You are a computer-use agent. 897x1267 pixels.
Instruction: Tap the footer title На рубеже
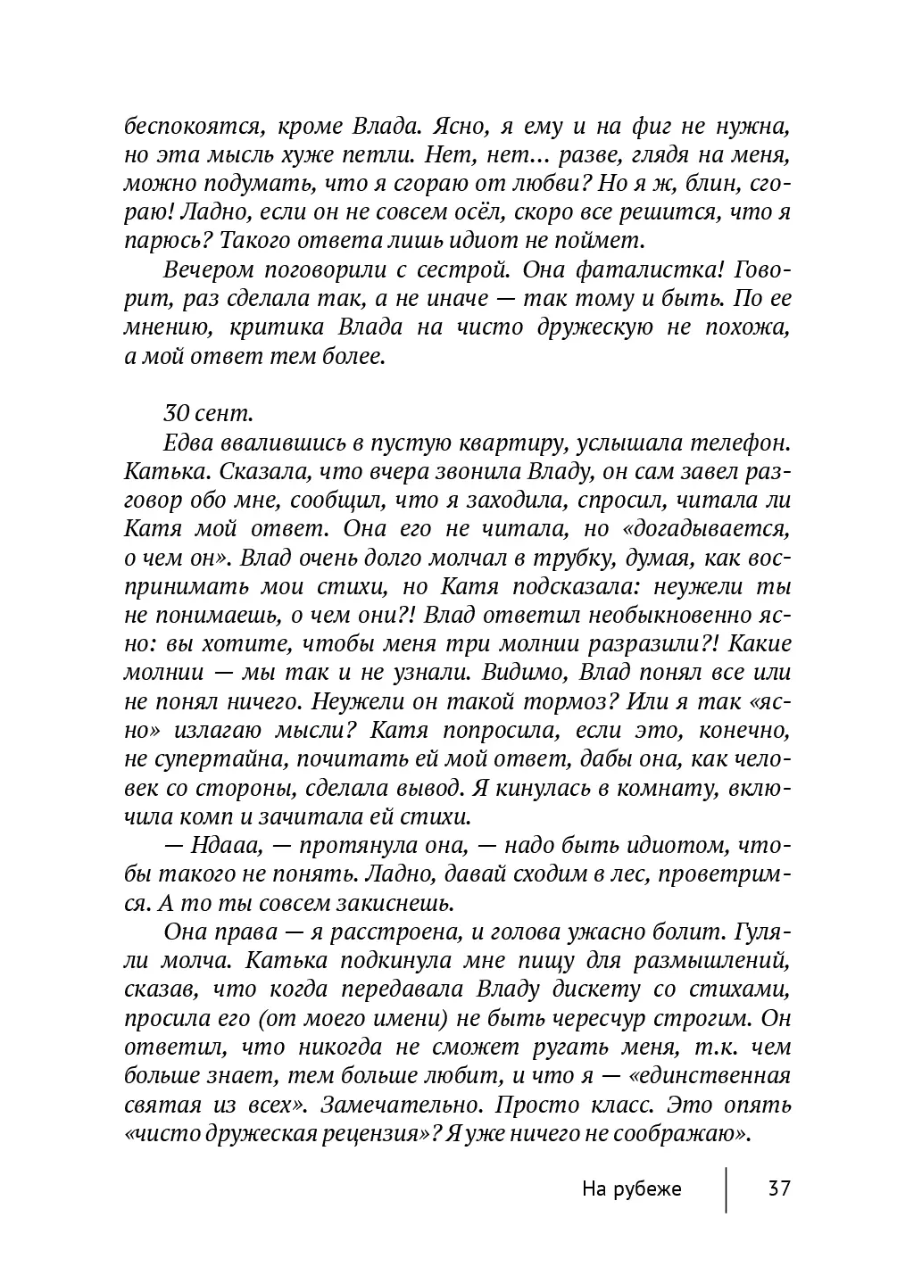[x=631, y=1188]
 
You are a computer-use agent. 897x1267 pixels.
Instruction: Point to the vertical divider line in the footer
[x=726, y=1188]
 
